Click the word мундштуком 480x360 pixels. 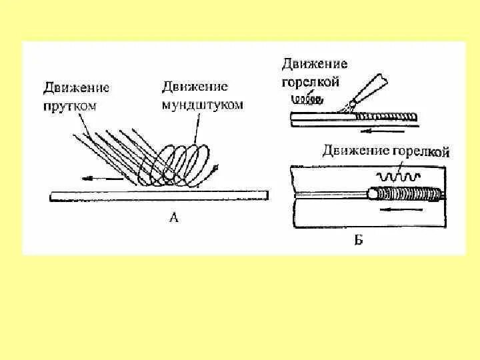pos(202,105)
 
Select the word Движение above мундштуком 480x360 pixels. pos(195,87)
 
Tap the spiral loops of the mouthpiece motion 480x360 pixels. pos(180,163)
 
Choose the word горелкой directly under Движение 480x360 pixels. pos(311,82)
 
